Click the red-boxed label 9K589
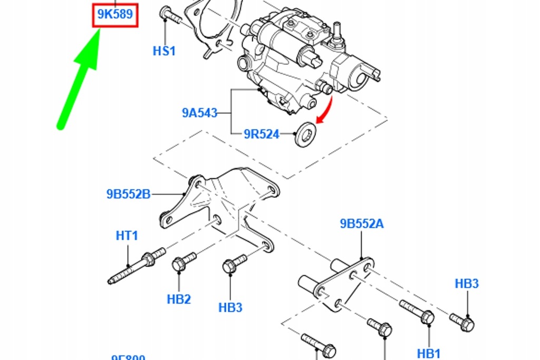coord(115,15)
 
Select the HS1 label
coord(164,51)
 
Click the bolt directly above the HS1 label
coord(171,16)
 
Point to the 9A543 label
coord(200,113)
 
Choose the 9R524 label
coord(262,134)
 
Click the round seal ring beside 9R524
coord(305,135)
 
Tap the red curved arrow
coord(326,111)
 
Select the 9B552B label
coord(129,194)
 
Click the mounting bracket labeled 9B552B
coord(221,206)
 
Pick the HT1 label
coord(127,235)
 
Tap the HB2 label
coord(179,299)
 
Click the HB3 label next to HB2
coord(230,307)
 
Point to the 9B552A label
coord(362,224)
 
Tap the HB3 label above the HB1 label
coord(467,284)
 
